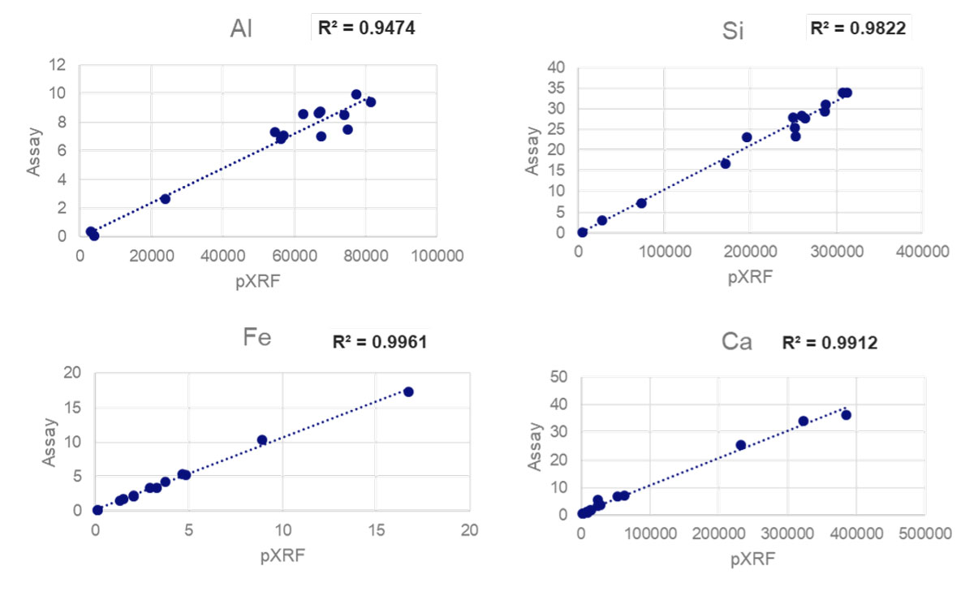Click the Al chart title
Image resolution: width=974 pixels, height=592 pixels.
(241, 30)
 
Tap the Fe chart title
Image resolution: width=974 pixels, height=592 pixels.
(256, 340)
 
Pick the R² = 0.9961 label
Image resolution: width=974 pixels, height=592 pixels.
(380, 342)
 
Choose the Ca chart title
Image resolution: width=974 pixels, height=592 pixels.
(737, 342)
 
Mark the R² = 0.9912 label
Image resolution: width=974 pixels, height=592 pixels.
(830, 344)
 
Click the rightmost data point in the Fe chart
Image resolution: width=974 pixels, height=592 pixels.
(408, 391)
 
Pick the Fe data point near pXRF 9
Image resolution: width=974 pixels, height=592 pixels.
(262, 440)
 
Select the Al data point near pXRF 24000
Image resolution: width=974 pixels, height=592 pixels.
(165, 198)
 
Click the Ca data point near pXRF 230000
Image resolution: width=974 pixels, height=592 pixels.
(741, 445)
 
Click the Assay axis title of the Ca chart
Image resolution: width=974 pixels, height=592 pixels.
(535, 445)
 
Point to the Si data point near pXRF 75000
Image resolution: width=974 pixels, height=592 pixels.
(641, 203)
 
